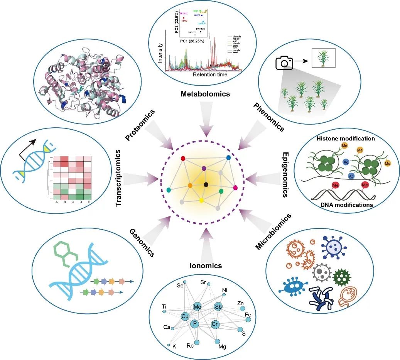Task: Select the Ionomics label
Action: pos(206,265)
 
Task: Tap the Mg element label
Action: pos(222,346)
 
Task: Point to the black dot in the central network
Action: pos(206,184)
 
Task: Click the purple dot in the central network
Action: pos(204,168)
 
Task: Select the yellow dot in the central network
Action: pos(201,200)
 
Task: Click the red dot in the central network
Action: pos(183,158)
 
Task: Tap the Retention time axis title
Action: pos(210,74)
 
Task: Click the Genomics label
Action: pos(142,243)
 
